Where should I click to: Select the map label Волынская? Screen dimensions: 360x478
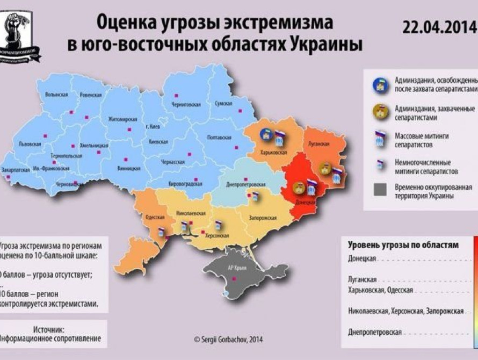[x=56, y=94]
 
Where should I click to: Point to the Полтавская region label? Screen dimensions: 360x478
[x=220, y=138]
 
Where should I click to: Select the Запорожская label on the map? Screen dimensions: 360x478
[x=263, y=218]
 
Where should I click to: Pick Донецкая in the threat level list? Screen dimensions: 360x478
[x=361, y=258]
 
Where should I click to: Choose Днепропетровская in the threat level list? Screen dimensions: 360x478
[x=374, y=332]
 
